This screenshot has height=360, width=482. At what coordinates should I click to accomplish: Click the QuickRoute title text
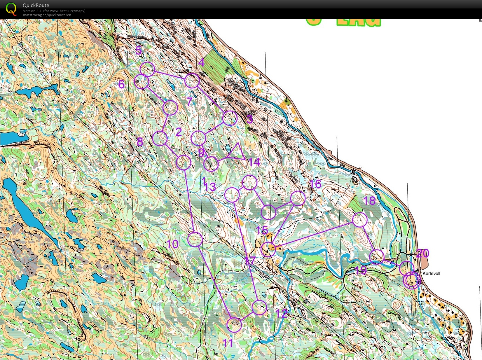pos(36,5)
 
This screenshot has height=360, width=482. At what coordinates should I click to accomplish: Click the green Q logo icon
pos(11,9)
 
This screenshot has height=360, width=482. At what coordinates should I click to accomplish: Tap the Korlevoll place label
pos(431,274)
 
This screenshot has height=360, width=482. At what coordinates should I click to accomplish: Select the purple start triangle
pos(237,152)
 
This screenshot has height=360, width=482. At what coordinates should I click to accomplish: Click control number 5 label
pos(139,50)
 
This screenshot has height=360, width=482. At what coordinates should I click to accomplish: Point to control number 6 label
pos(121,84)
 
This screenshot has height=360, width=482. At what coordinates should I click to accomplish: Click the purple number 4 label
pos(201,62)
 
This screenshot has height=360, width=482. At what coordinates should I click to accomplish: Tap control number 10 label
pos(172,244)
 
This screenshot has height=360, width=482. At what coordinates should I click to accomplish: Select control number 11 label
pos(228,343)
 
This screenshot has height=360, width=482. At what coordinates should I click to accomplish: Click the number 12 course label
pos(282,314)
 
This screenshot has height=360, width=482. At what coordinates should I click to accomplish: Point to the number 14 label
pos(254,162)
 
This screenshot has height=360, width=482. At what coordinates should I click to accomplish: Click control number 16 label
pos(315,184)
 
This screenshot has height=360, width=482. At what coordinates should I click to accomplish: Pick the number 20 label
pos(423,254)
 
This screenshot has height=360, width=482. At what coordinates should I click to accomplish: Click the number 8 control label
pos(140,142)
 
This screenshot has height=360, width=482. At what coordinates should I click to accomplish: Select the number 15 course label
pos(262,230)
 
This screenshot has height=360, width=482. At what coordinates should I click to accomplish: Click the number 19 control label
pos(361,270)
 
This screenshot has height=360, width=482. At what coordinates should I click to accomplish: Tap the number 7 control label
pos(190,102)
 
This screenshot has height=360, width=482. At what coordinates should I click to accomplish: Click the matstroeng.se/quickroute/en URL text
pos(47,15)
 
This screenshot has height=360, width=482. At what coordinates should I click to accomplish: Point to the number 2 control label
pos(179,132)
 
